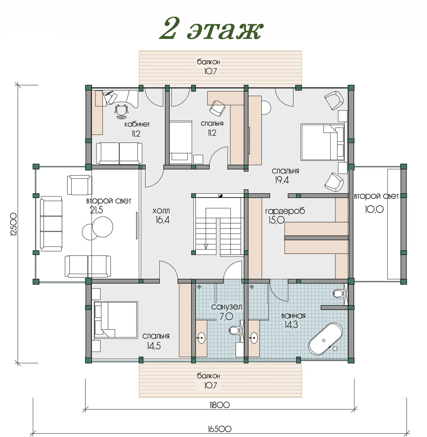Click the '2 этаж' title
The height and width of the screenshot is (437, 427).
coord(211,28)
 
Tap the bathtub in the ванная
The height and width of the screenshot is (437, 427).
coord(325,339)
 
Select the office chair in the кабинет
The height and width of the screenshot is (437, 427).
coord(121,111)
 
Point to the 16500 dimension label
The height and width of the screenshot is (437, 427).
coord(220,429)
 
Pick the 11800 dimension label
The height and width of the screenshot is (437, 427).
coord(220,405)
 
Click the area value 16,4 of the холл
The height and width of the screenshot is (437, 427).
coord(163,220)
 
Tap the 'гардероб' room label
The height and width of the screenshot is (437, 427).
coord(285,211)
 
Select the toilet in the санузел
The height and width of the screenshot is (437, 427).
coord(234,330)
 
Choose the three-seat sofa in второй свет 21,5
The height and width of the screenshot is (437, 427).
coord(51,224)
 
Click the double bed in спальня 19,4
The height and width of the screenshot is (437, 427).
coord(322,142)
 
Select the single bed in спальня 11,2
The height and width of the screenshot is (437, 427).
coord(180,142)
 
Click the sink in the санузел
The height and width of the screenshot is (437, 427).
coord(201,338)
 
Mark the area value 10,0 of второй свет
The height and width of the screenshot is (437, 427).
coord(374,209)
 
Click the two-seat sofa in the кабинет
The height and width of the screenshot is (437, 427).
coord(119,153)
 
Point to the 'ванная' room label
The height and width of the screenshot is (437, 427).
coord(293,316)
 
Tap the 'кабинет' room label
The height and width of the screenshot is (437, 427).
coord(137,124)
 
